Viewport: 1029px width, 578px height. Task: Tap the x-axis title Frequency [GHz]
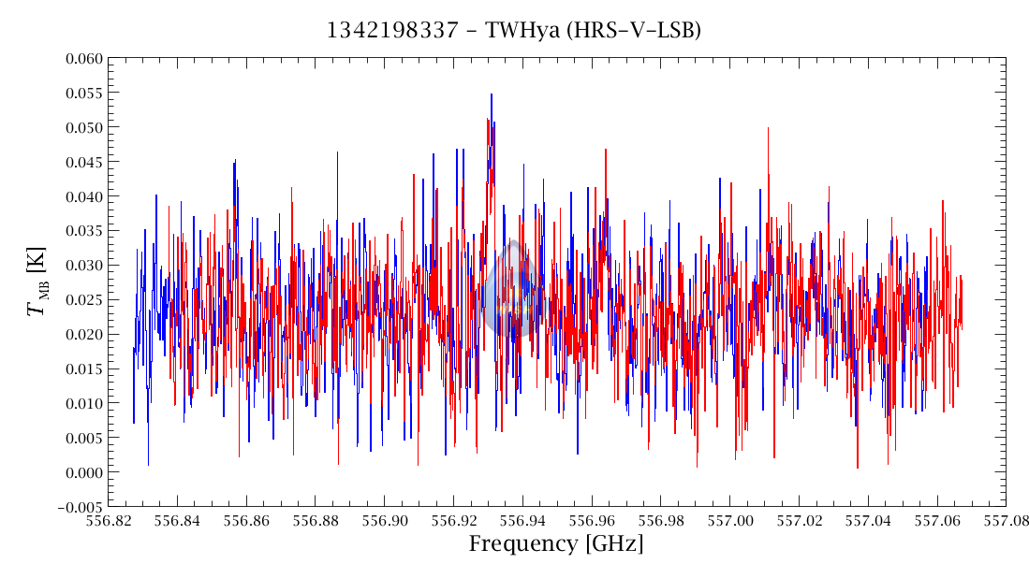[556, 544]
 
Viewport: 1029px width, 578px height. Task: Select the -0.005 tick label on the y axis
[79, 507]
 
